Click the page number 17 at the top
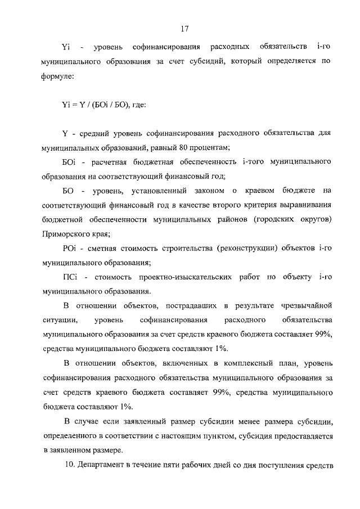pos(184,29)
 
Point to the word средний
pos(89,133)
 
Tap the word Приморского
pos(66,234)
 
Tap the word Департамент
pos(105,465)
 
